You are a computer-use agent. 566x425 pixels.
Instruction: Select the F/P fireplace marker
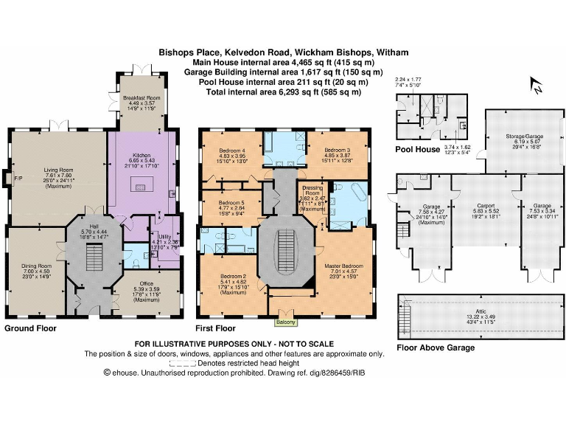(7, 179)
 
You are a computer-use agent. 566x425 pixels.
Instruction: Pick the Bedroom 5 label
(223, 202)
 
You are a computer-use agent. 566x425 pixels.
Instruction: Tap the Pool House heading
(417, 148)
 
